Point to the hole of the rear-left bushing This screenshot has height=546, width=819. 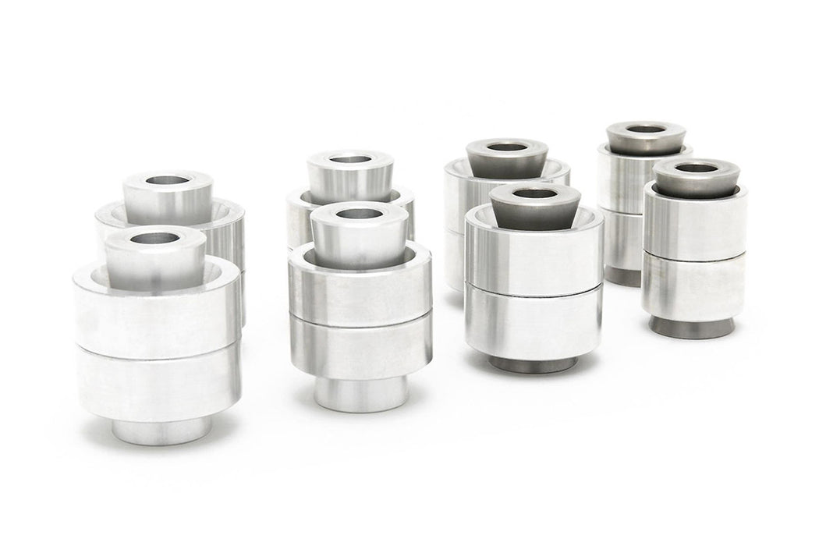tap(168, 180)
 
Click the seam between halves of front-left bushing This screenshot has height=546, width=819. tap(158, 346)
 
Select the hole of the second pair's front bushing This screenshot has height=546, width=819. tap(358, 214)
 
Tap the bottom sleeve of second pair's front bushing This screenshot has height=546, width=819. tap(360, 395)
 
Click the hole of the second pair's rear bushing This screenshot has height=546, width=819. tap(349, 159)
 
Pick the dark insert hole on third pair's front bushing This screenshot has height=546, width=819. tap(534, 193)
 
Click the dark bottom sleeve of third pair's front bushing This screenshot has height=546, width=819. tap(534, 363)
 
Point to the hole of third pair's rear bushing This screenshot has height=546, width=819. tap(506, 147)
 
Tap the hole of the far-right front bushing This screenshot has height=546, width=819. tap(696, 168)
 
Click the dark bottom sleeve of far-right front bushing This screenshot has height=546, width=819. tap(691, 328)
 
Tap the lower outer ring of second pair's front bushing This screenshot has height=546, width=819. tap(360, 347)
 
